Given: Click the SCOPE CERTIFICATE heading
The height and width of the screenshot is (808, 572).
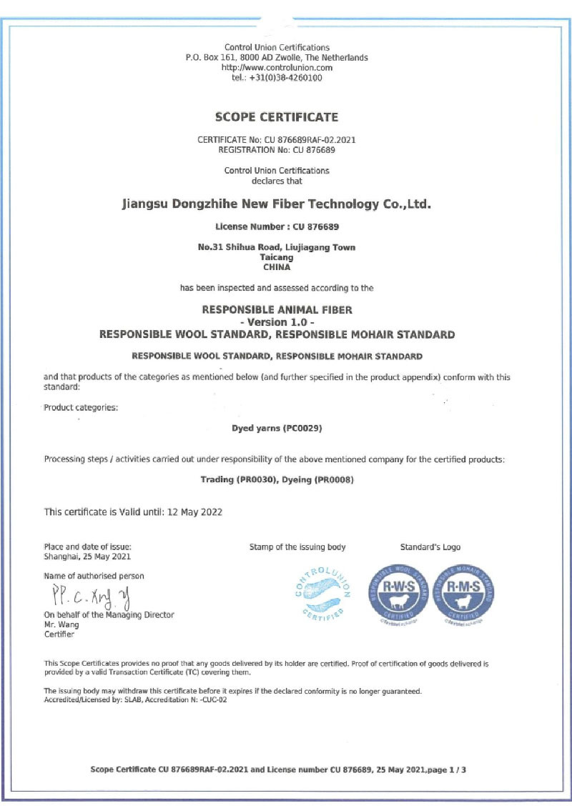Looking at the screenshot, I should pyautogui.click(x=277, y=117).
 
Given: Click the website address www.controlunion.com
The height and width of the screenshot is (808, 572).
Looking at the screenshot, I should pyautogui.click(x=277, y=68).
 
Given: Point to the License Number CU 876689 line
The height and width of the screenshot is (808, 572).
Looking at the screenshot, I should pyautogui.click(x=277, y=226).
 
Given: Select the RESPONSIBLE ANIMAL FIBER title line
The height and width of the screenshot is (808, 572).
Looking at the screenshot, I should pyautogui.click(x=277, y=310).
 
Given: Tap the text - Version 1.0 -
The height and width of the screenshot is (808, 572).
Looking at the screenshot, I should pyautogui.click(x=277, y=322).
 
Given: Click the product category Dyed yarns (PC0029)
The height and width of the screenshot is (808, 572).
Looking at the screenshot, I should pyautogui.click(x=277, y=429).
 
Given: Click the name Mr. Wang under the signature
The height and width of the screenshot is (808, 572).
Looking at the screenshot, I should pyautogui.click(x=59, y=624).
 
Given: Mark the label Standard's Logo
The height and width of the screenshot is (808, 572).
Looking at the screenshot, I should pyautogui.click(x=430, y=547).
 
